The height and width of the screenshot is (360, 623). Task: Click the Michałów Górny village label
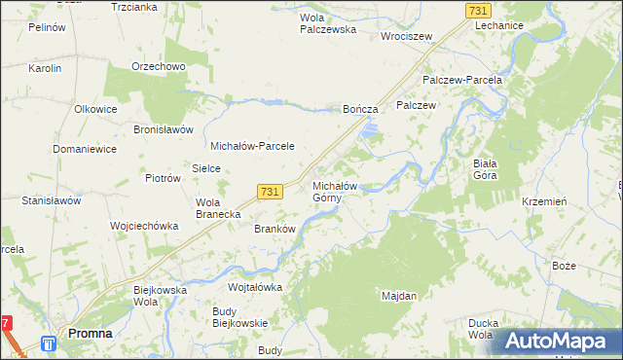(335, 192)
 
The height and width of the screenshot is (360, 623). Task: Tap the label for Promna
(90, 334)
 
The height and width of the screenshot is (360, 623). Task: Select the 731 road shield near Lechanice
(477, 10)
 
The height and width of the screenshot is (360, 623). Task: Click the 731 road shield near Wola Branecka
(271, 193)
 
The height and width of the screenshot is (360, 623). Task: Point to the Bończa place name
(359, 110)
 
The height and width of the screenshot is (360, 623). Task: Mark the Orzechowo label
(158, 66)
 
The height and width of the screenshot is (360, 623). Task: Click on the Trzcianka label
(134, 7)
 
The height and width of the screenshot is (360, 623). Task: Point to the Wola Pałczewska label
(328, 23)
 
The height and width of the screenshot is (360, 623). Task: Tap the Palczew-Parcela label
(461, 79)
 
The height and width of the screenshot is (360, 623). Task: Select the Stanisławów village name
(51, 200)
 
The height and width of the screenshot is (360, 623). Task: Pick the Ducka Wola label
(480, 329)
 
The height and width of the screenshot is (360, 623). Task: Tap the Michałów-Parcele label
(253, 146)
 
